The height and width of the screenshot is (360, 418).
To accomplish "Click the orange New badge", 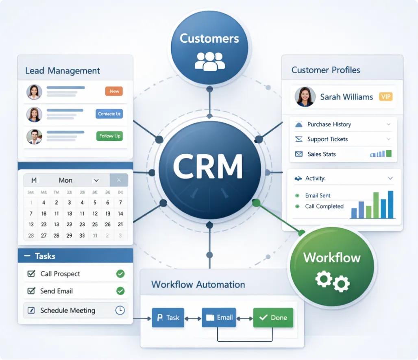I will coord(114,92).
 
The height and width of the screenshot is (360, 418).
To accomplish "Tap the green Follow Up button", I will coord(109,136).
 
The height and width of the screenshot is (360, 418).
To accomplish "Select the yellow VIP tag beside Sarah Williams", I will coord(385,97).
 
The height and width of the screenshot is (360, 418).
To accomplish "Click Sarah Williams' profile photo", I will coord(305,97).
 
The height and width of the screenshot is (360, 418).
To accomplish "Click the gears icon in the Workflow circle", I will coord(332,281).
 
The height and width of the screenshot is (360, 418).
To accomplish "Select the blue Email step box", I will coord(219,318).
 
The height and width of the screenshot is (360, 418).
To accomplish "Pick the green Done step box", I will coord(273,318).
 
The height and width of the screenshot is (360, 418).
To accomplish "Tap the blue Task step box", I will coord(168,318).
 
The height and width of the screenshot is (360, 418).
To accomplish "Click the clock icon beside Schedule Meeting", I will coord(120,310).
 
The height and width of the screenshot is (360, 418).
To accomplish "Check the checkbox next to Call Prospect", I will coord(31,274).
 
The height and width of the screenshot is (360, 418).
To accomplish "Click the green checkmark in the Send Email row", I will coord(120,291).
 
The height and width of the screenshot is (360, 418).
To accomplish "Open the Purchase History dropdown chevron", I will coord(389,124).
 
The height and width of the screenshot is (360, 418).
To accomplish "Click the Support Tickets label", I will coord(327,139).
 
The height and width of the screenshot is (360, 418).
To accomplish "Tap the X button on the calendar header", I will coord(119,180).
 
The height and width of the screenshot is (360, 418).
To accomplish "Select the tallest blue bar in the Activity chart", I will coord(391,205).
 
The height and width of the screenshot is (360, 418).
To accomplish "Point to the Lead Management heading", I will coord(62,71).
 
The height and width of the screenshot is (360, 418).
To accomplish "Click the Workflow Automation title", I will coord(198,284).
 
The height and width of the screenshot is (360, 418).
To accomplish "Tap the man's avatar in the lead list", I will coord(34,137).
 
